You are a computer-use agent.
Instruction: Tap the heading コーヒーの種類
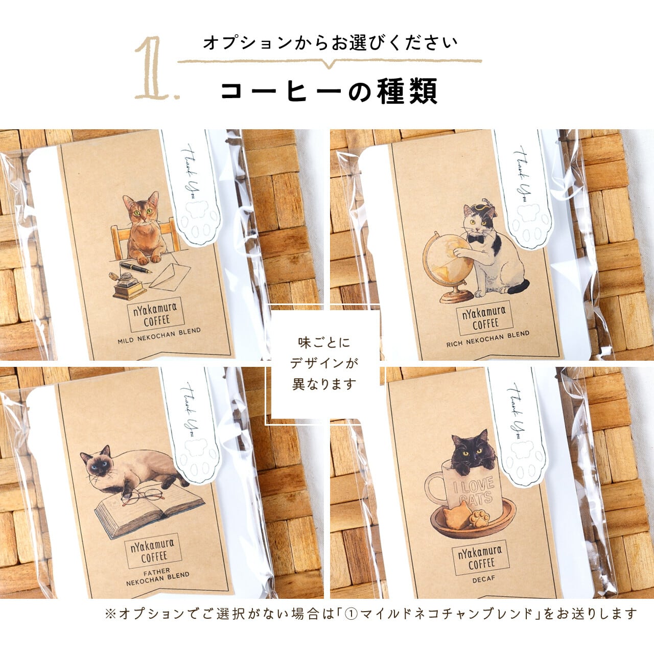[x=329, y=91]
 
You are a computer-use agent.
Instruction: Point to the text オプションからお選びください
[x=330, y=43]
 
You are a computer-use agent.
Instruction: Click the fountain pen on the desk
[x=136, y=267]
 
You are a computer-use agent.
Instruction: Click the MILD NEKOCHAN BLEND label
[x=159, y=336]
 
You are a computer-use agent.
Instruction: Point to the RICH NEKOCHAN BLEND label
[x=488, y=339]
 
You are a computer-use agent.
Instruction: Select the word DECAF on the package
[x=484, y=579]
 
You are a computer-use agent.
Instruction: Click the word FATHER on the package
[x=157, y=572]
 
